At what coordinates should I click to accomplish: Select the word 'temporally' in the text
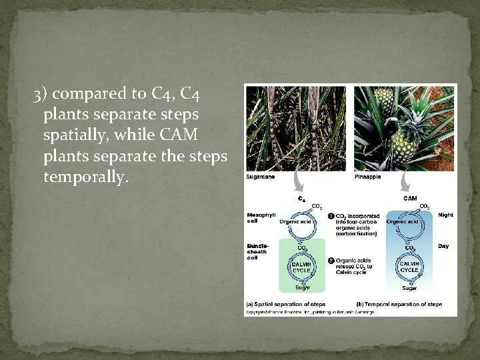tap(85, 178)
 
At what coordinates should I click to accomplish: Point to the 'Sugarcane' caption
tap(261, 177)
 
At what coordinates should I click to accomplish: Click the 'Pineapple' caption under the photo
tap(368, 177)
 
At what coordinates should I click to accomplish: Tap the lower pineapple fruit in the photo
tap(405, 145)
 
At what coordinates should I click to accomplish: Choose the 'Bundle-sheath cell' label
tap(258, 251)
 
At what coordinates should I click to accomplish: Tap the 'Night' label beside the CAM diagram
tap(445, 215)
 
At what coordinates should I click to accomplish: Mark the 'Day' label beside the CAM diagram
tap(443, 246)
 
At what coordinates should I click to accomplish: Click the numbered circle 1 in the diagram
tap(331, 216)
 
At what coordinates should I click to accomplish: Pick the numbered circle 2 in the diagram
tap(331, 260)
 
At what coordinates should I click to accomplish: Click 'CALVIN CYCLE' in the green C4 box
tap(303, 267)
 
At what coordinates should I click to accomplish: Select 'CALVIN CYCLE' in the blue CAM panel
tap(409, 267)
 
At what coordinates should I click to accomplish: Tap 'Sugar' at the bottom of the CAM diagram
tap(409, 288)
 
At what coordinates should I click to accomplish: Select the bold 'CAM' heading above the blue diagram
tap(411, 197)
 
